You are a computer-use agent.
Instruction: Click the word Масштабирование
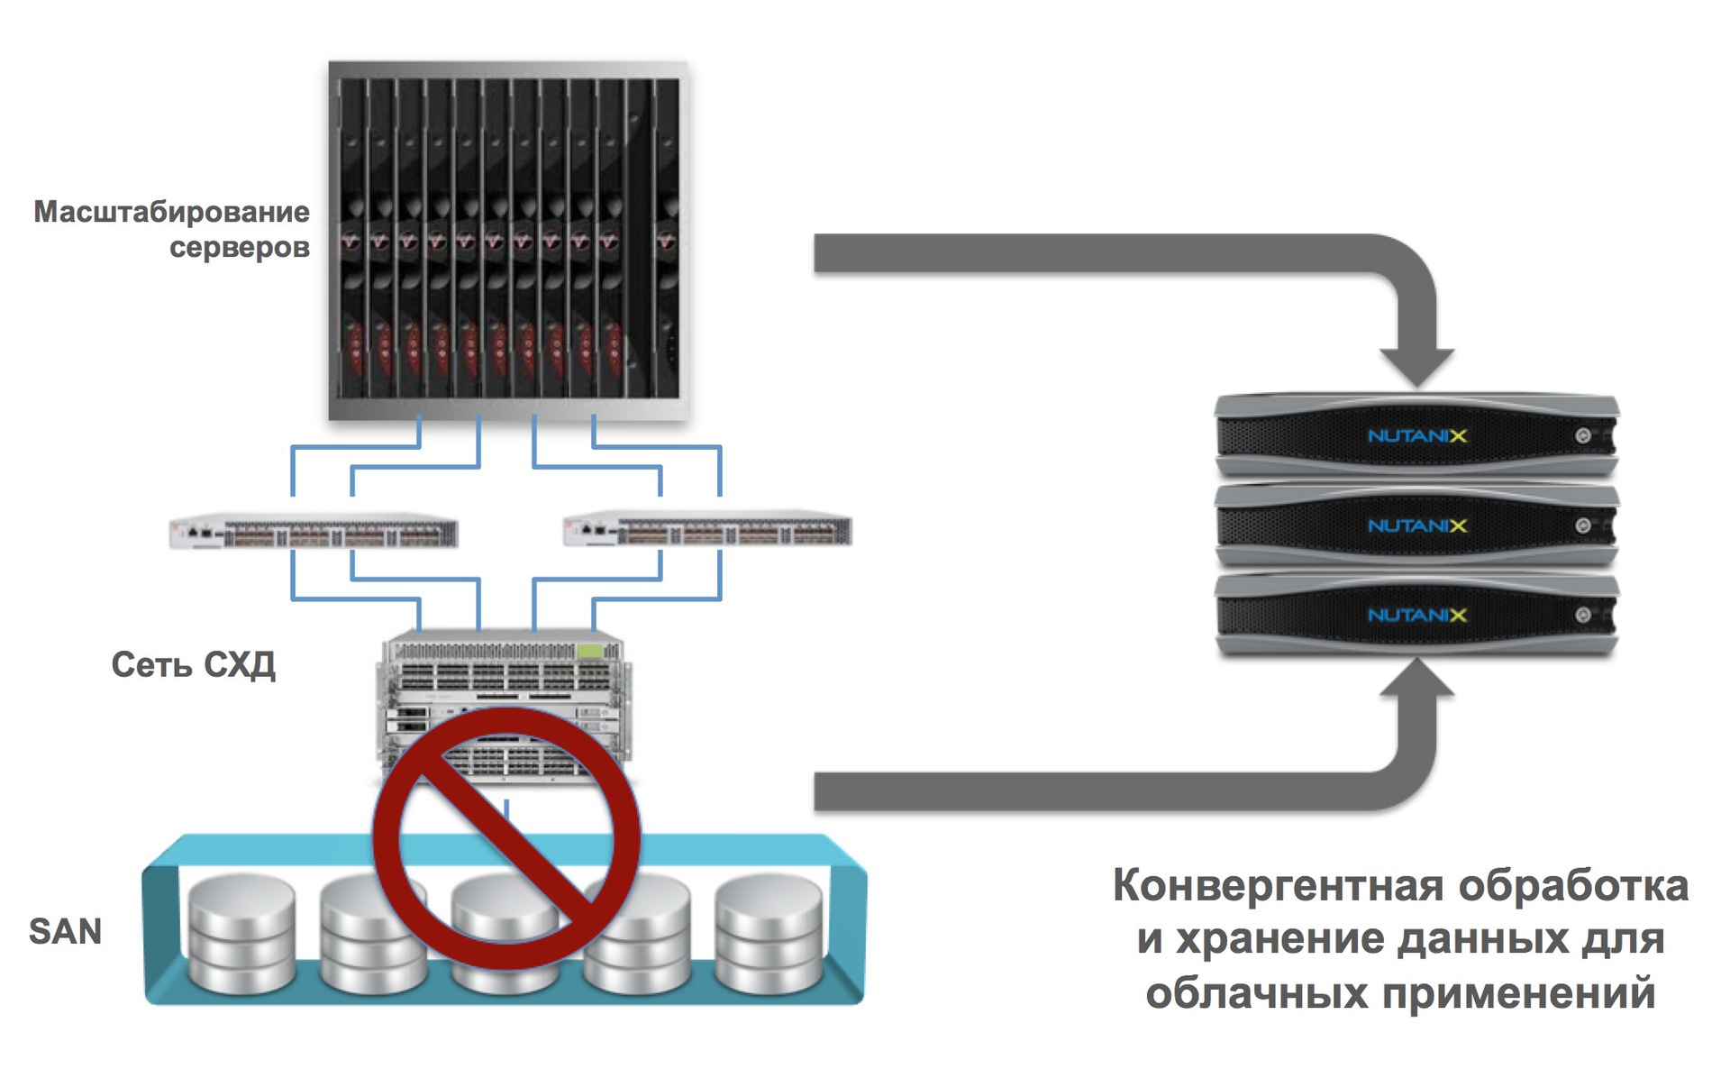pyautogui.click(x=171, y=212)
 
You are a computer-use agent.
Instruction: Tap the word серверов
pyautogui.click(x=239, y=247)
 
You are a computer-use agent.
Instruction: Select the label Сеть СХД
pyautogui.click(x=193, y=665)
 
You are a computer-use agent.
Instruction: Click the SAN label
pyautogui.click(x=65, y=931)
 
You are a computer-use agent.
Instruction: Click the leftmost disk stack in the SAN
pyautogui.click(x=241, y=933)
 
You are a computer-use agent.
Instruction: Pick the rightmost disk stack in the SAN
pyautogui.click(x=769, y=933)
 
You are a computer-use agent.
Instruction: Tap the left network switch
pyautogui.click(x=314, y=532)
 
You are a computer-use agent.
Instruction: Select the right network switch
pyautogui.click(x=707, y=531)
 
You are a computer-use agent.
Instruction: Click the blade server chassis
pyautogui.click(x=508, y=240)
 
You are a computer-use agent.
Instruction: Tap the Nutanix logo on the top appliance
pyautogui.click(x=1417, y=436)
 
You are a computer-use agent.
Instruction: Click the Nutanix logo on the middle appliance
pyautogui.click(x=1417, y=525)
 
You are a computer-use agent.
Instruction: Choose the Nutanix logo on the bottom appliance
pyautogui.click(x=1417, y=616)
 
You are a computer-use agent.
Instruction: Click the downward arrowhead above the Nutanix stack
pyautogui.click(x=1416, y=366)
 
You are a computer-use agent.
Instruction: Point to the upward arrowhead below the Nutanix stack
pyautogui.click(x=1416, y=679)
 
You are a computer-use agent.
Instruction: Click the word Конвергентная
pyautogui.click(x=1279, y=885)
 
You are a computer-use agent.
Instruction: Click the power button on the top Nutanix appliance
pyautogui.click(x=1582, y=436)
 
